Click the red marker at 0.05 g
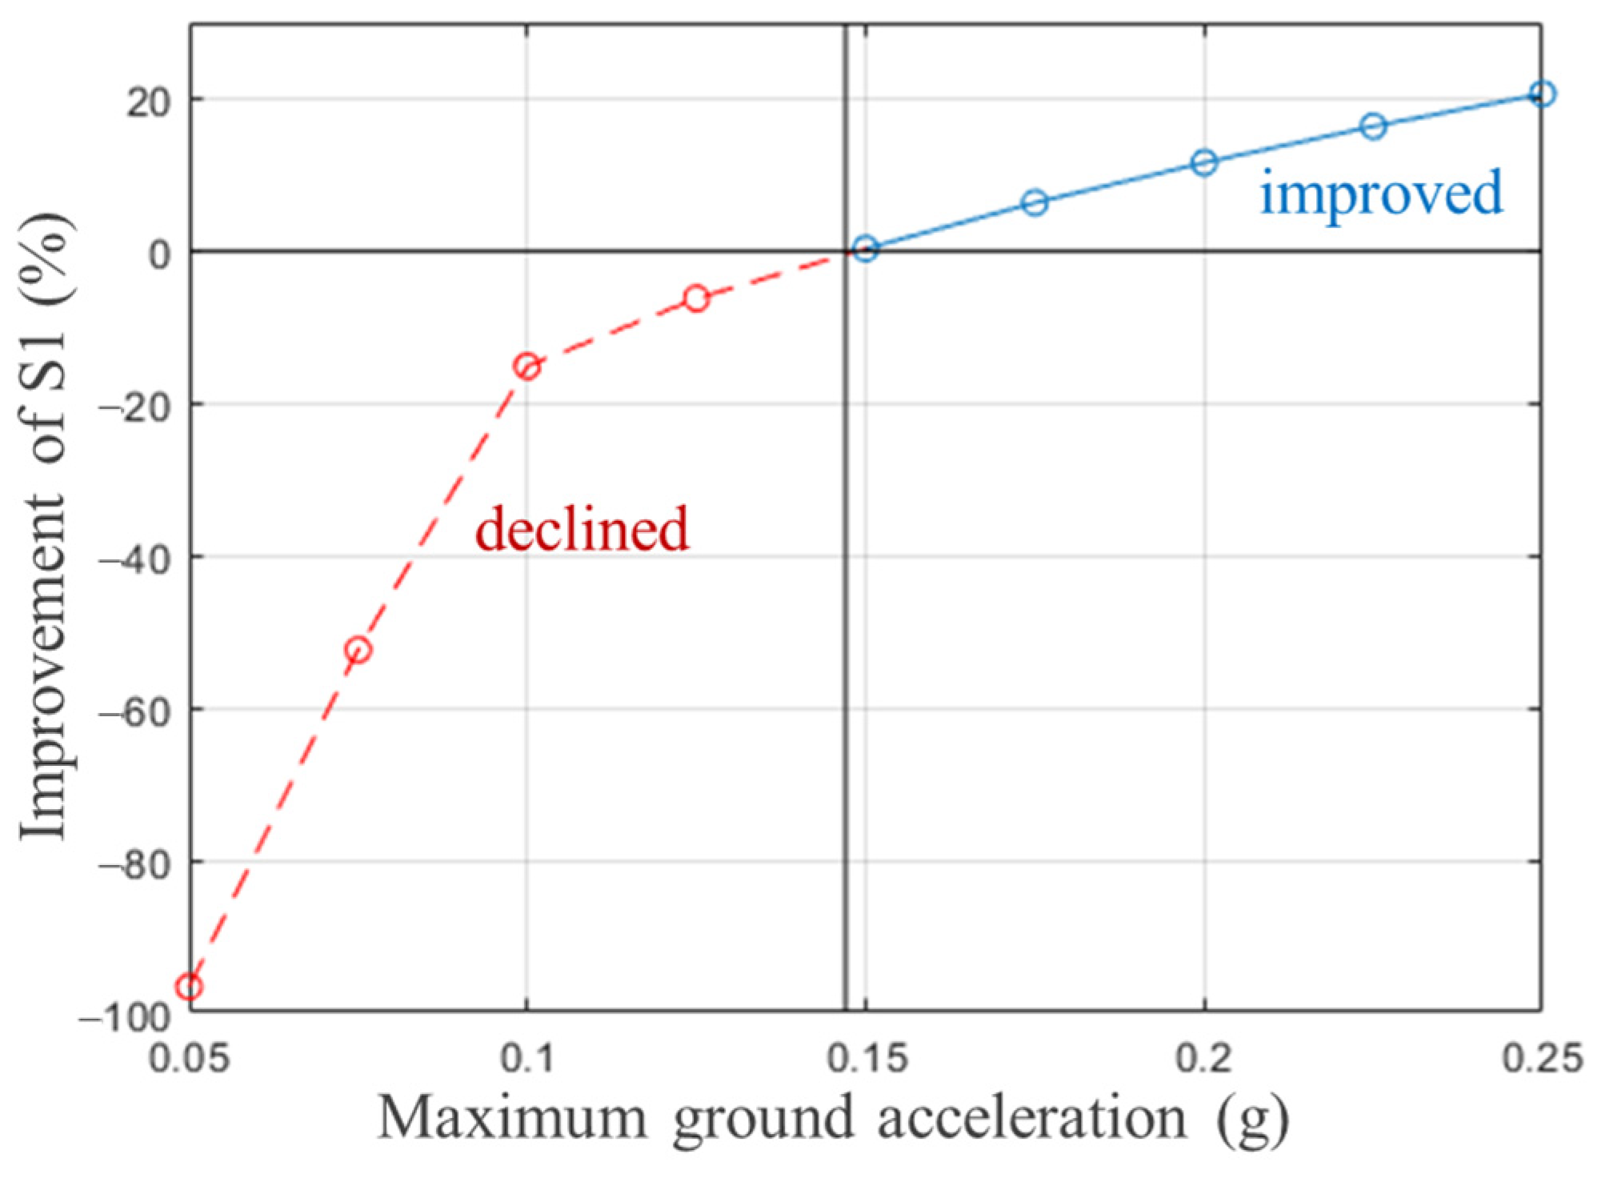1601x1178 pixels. click(x=190, y=987)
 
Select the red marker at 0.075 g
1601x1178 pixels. click(x=358, y=650)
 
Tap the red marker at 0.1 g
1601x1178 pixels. click(x=526, y=367)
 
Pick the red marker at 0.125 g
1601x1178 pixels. click(x=696, y=299)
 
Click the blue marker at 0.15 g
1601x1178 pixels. click(x=866, y=249)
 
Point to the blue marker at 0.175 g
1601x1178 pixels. click(x=1035, y=203)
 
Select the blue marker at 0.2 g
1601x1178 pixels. click(x=1204, y=162)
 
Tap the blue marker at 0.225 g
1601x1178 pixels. click(x=1374, y=126)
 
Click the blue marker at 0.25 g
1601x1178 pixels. click(x=1542, y=94)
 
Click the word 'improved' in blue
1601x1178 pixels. click(x=1382, y=194)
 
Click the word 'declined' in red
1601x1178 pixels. click(x=582, y=529)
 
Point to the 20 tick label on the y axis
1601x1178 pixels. click(x=149, y=102)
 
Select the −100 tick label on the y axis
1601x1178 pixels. click(x=126, y=1018)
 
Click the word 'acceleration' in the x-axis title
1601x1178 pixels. click(x=1032, y=1119)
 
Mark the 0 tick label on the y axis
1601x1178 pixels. click(x=160, y=254)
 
